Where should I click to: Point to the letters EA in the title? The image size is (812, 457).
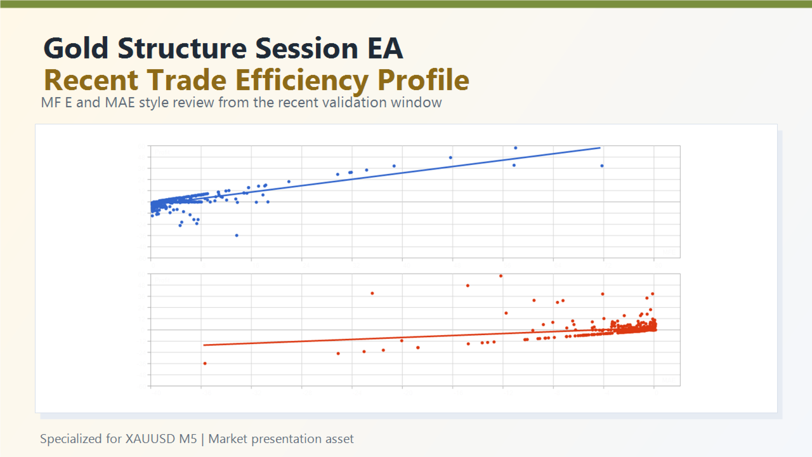[x=384, y=49]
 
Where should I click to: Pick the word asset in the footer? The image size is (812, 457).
[x=339, y=439]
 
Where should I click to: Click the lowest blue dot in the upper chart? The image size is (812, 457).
[x=237, y=235]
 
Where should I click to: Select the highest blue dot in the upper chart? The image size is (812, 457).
[x=516, y=148]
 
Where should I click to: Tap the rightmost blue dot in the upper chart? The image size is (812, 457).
[x=602, y=166]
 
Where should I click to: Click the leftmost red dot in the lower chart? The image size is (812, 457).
[x=205, y=363]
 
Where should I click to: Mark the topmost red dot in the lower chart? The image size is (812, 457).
[x=501, y=275]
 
